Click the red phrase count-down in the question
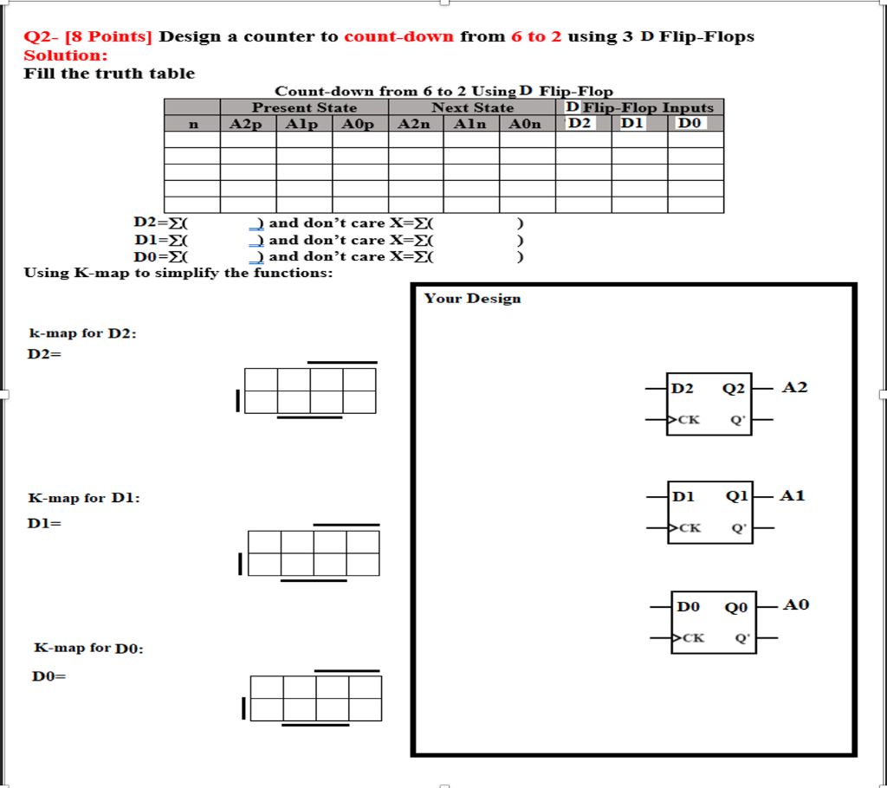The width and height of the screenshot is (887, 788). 398,36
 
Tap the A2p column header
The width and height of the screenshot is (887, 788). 248,124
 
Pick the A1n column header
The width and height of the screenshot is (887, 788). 471,124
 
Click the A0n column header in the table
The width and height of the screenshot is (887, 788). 526,124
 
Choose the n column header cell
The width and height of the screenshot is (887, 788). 192,124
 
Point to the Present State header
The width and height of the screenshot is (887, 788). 304,107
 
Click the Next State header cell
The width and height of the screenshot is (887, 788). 472,107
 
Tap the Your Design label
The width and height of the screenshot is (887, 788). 472,299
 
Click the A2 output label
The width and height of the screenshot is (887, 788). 794,387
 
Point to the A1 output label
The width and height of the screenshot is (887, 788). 793,495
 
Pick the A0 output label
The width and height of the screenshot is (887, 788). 796,604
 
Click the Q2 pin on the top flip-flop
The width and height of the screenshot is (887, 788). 734,389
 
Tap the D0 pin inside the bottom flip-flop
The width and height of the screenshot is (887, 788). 688,607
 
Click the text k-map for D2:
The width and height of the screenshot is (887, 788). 82,333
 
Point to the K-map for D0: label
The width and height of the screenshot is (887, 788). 88,648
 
